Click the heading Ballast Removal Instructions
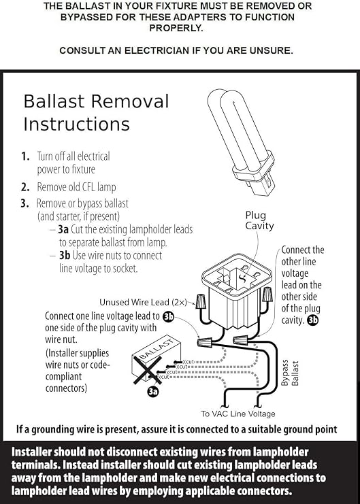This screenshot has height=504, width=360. click(96, 113)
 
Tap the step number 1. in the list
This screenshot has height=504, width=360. click(25, 156)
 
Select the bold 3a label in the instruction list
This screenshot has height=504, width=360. click(63, 229)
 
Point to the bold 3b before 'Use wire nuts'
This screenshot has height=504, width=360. click(65, 255)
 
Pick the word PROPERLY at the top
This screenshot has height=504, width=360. click(176, 29)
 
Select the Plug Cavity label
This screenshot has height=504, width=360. click(259, 220)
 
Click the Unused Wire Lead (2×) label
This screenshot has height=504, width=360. click(143, 302)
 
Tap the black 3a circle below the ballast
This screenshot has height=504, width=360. click(153, 391)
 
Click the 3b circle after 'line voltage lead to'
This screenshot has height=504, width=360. click(168, 316)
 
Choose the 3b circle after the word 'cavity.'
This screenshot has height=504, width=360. click(313, 320)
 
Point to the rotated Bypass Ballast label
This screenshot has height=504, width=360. click(290, 373)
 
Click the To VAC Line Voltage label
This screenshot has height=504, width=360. click(238, 414)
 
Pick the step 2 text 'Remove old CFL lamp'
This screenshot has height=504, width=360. click(77, 187)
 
